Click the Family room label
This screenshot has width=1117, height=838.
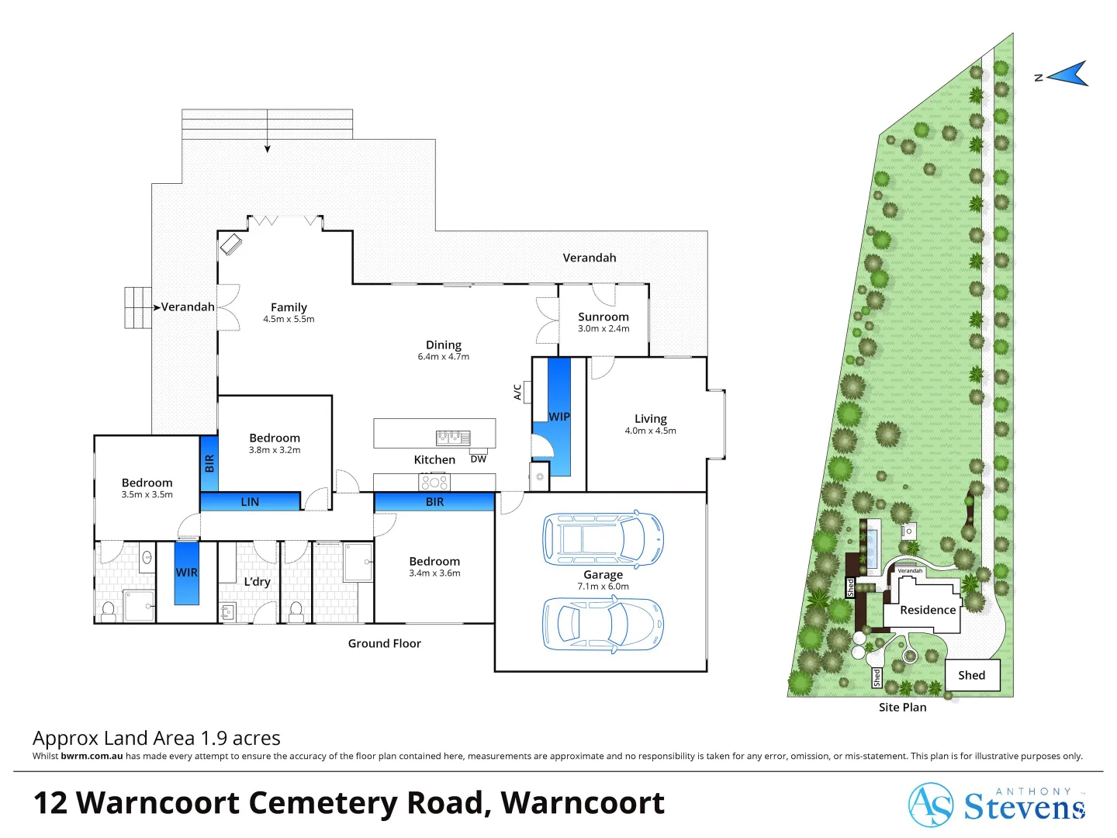[x=289, y=307]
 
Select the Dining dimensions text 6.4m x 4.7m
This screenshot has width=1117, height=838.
[x=443, y=357]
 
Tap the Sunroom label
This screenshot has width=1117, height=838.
[x=603, y=317]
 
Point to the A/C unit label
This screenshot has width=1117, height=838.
[x=517, y=393]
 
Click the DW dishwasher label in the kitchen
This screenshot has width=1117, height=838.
[x=479, y=459]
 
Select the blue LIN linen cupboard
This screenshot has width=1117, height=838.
[x=250, y=502]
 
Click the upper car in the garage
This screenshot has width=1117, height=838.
[x=603, y=538]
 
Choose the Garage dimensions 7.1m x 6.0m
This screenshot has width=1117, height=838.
[x=603, y=587]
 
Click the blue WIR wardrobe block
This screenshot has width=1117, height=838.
[x=186, y=573]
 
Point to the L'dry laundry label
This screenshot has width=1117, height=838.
[x=257, y=582]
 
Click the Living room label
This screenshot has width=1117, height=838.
[x=650, y=418]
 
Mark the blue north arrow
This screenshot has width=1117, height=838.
[x=1068, y=74]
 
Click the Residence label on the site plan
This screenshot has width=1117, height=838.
[x=928, y=610]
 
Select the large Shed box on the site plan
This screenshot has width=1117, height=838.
[x=972, y=675]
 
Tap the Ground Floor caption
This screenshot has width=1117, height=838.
[x=384, y=643]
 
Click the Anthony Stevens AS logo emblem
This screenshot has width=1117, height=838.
[x=930, y=805]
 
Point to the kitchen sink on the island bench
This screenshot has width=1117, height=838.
[x=453, y=438]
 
